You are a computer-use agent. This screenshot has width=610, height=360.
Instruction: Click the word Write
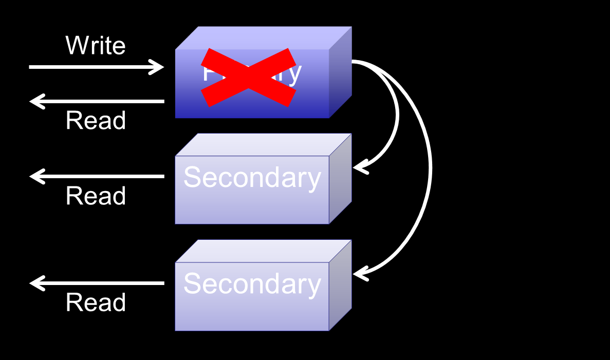point(96,46)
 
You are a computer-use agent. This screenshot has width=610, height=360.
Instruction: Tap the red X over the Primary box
point(248,77)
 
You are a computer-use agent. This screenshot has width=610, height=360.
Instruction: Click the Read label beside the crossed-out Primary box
point(96,121)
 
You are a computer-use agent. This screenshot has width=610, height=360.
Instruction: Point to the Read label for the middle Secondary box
point(96,196)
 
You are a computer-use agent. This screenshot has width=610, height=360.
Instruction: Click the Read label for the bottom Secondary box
point(96,302)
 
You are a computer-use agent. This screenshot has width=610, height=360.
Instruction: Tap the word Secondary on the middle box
point(252,178)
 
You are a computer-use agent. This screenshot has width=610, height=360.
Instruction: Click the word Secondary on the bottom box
point(252,284)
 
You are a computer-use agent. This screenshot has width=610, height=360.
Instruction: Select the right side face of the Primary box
point(340,72)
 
